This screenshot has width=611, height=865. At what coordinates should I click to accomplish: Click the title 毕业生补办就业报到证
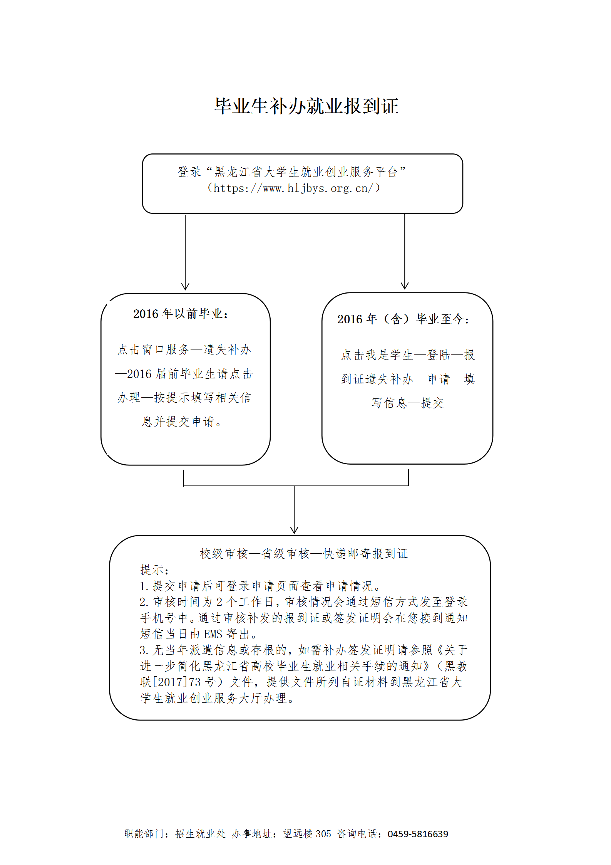(306, 106)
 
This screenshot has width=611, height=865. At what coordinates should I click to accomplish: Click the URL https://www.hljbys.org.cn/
(293, 188)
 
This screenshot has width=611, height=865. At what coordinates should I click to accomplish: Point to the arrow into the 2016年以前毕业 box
(185, 252)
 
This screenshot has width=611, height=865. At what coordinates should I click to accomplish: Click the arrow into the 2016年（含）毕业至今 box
(405, 252)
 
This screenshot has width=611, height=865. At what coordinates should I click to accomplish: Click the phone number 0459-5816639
(418, 834)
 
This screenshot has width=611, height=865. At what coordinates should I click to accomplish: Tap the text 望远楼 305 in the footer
(307, 834)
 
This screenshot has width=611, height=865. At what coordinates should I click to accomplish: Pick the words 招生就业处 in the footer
(200, 834)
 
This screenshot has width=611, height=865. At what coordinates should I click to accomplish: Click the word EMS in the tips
(213, 634)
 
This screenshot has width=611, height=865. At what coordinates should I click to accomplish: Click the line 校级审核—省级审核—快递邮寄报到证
(304, 554)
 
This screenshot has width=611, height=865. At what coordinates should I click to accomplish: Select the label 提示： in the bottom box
(154, 570)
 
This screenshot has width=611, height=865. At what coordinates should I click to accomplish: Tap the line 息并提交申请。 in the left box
(182, 422)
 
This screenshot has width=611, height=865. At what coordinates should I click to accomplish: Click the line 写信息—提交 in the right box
(408, 403)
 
